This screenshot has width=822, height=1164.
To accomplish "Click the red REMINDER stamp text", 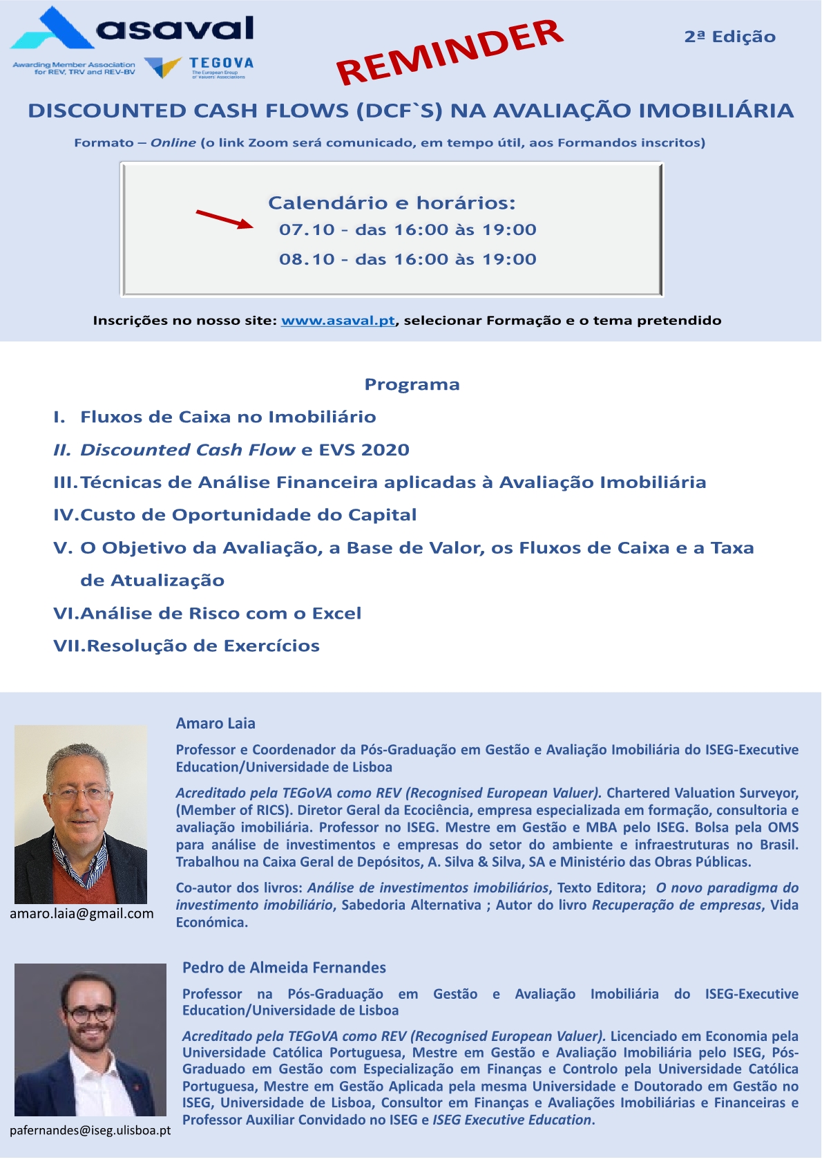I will pyautogui.click(x=450, y=52).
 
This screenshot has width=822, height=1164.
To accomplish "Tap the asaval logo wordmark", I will pyautogui.click(x=175, y=28).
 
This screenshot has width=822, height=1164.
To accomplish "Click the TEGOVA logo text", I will pyautogui.click(x=221, y=63).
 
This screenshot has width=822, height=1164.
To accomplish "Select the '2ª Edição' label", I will pyautogui.click(x=729, y=37).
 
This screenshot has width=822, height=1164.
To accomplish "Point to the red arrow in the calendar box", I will pyautogui.click(x=224, y=219).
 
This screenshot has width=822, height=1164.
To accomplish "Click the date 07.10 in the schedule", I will pyautogui.click(x=307, y=229).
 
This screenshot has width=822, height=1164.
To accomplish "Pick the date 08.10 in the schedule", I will pyautogui.click(x=307, y=259).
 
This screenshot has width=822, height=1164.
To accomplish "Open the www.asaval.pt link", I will pyautogui.click(x=338, y=320).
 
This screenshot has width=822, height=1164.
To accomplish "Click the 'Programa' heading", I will pyautogui.click(x=412, y=384).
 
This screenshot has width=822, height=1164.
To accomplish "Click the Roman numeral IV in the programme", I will pyautogui.click(x=66, y=515).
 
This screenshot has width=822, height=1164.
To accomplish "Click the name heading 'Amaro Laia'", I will pyautogui.click(x=216, y=723).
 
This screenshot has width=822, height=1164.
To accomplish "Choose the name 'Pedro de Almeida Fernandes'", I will pyautogui.click(x=284, y=967).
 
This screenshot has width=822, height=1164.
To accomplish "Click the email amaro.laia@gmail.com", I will pyautogui.click(x=82, y=913).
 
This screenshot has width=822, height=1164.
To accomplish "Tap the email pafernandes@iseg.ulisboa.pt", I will pyautogui.click(x=90, y=1130).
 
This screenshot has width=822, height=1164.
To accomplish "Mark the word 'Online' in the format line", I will pyautogui.click(x=173, y=142).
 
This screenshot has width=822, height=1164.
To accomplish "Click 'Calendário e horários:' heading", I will pyautogui.click(x=392, y=203).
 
